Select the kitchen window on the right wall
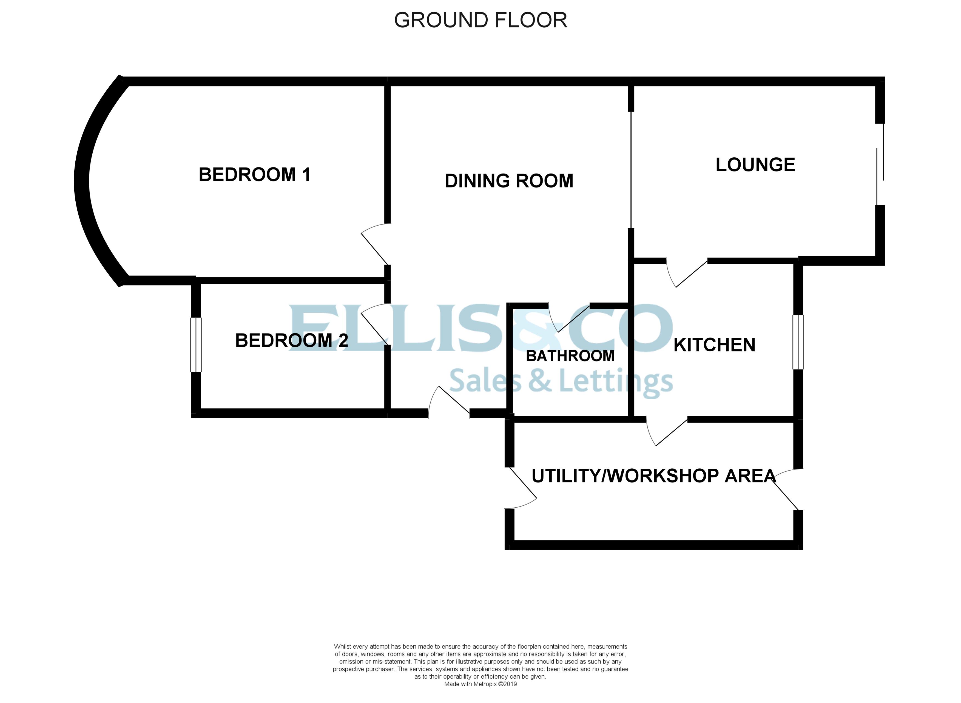[x=798, y=342]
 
